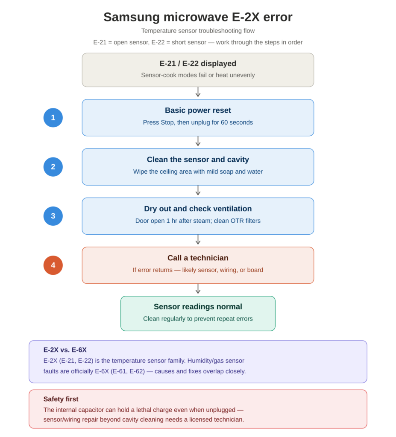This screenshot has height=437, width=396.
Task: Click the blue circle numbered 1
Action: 53,118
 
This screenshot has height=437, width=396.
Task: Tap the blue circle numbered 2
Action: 53,167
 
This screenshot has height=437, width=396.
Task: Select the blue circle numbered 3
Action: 53,216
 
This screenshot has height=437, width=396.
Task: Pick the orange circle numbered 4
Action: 53,265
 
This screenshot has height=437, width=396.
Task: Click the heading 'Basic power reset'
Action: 198,111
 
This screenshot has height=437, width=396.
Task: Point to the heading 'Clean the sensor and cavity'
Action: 198,160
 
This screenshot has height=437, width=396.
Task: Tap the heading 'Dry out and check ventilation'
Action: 198,209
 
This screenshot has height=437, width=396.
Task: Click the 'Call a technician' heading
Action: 198,258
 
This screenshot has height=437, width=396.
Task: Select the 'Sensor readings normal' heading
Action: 198,306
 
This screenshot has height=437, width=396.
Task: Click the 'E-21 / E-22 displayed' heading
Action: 198,64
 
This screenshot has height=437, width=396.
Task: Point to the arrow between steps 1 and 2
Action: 198,141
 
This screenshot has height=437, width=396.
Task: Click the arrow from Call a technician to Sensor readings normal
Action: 198,289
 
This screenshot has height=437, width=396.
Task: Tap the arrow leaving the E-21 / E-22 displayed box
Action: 198,92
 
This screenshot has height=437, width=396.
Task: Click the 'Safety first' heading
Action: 61,399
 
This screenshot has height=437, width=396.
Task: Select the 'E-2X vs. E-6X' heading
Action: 65,350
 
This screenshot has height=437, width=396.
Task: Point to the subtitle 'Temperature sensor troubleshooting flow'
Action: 198,31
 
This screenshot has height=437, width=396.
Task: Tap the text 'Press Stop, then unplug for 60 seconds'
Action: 198,122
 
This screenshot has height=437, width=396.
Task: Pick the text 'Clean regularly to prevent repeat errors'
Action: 198,318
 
